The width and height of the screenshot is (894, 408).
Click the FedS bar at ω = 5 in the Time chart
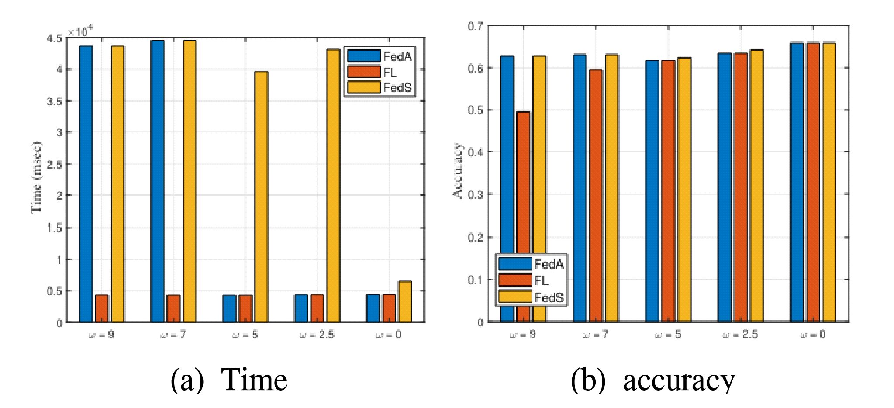pos(261,197)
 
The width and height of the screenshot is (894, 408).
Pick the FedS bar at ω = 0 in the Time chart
pos(405,301)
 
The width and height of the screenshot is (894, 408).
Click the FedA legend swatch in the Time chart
pos(363,56)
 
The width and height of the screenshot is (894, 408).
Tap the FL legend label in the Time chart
pos(390,72)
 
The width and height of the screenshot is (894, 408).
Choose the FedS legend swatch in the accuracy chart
pos(515,297)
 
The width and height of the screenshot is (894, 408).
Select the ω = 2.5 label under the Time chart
pos(317,335)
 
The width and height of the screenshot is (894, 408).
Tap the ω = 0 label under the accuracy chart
pos(813,335)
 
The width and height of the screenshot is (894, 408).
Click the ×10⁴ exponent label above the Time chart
pos(80,31)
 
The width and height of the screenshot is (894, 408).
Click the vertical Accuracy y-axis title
pos(457,171)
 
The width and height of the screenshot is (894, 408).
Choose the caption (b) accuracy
pos(652,380)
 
